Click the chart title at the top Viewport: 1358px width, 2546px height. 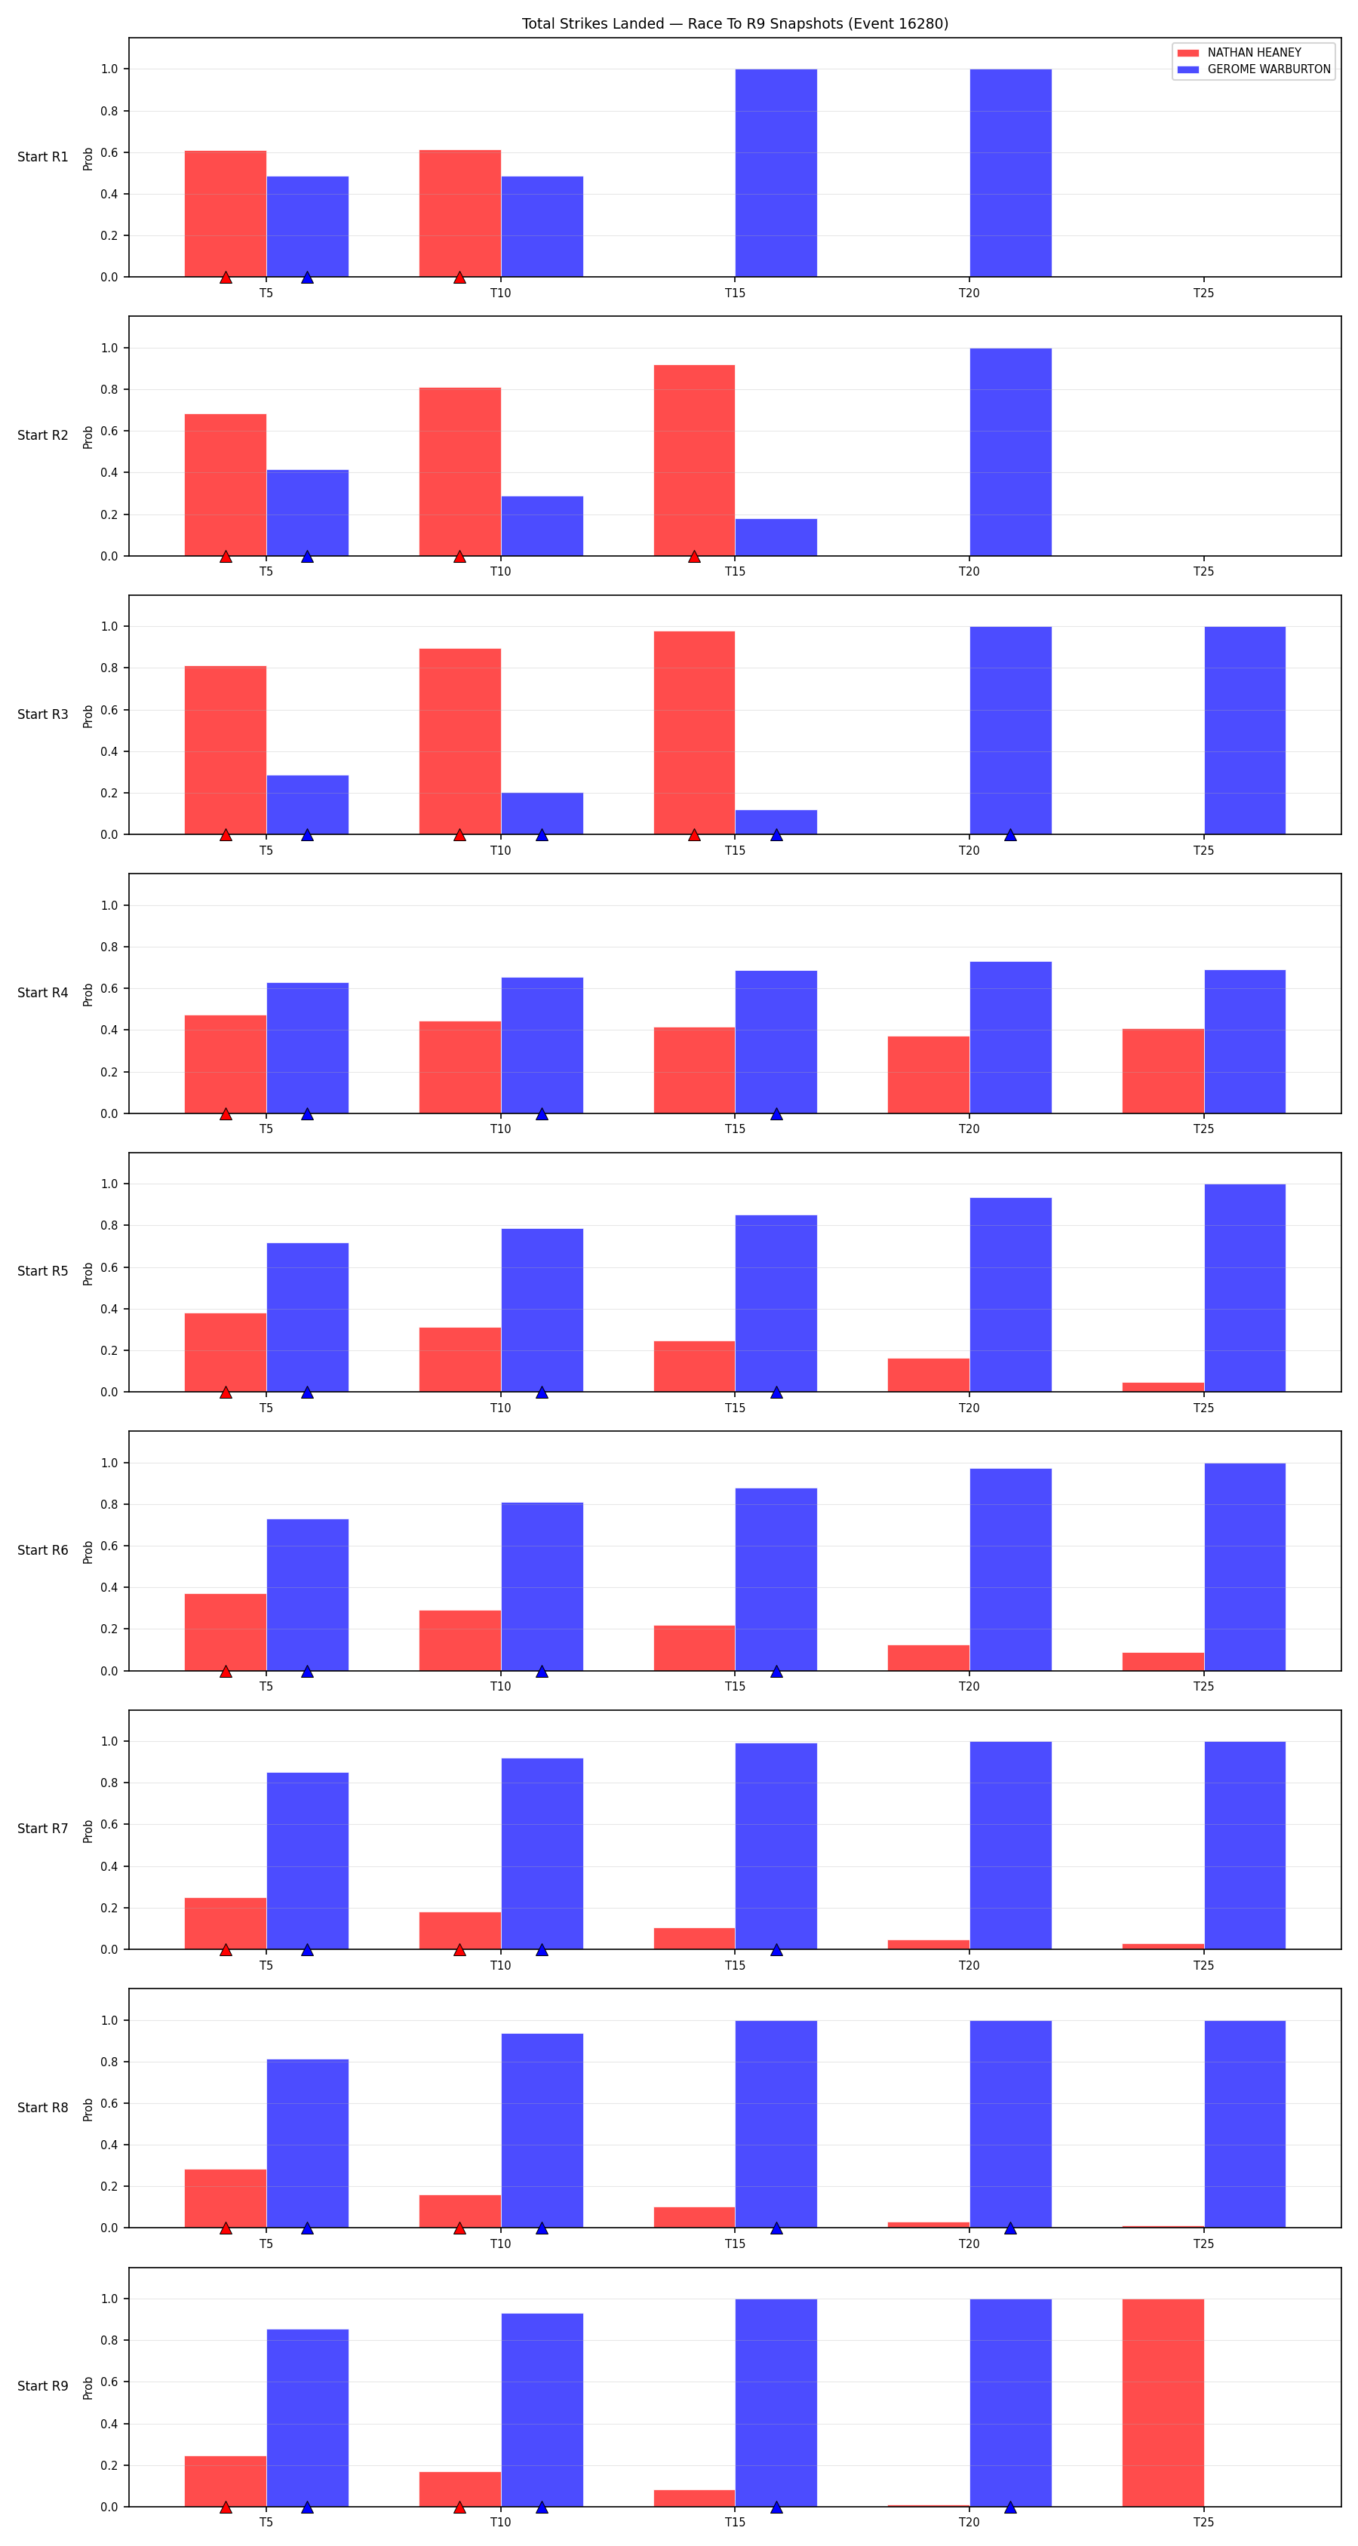734,23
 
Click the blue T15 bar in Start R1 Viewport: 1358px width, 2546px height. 776,173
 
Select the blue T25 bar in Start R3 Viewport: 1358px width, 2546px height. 1244,730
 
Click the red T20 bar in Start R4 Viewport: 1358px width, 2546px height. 928,1074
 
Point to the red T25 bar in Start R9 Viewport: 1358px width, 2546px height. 1163,2403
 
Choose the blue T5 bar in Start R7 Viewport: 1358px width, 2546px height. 307,1861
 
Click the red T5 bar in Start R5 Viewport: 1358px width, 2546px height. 226,1352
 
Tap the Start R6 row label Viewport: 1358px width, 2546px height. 42,1549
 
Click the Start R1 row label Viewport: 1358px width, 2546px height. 42,156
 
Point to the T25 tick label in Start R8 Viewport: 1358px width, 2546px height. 1203,2243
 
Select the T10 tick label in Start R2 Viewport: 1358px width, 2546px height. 500,571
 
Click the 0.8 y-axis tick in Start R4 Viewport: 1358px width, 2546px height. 109,947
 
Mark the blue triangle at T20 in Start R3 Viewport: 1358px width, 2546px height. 1010,835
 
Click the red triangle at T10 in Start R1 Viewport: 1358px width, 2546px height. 459,278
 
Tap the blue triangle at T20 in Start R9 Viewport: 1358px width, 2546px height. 1010,2508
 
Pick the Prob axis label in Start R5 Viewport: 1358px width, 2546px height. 88,1273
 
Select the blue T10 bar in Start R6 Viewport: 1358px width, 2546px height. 542,1586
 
